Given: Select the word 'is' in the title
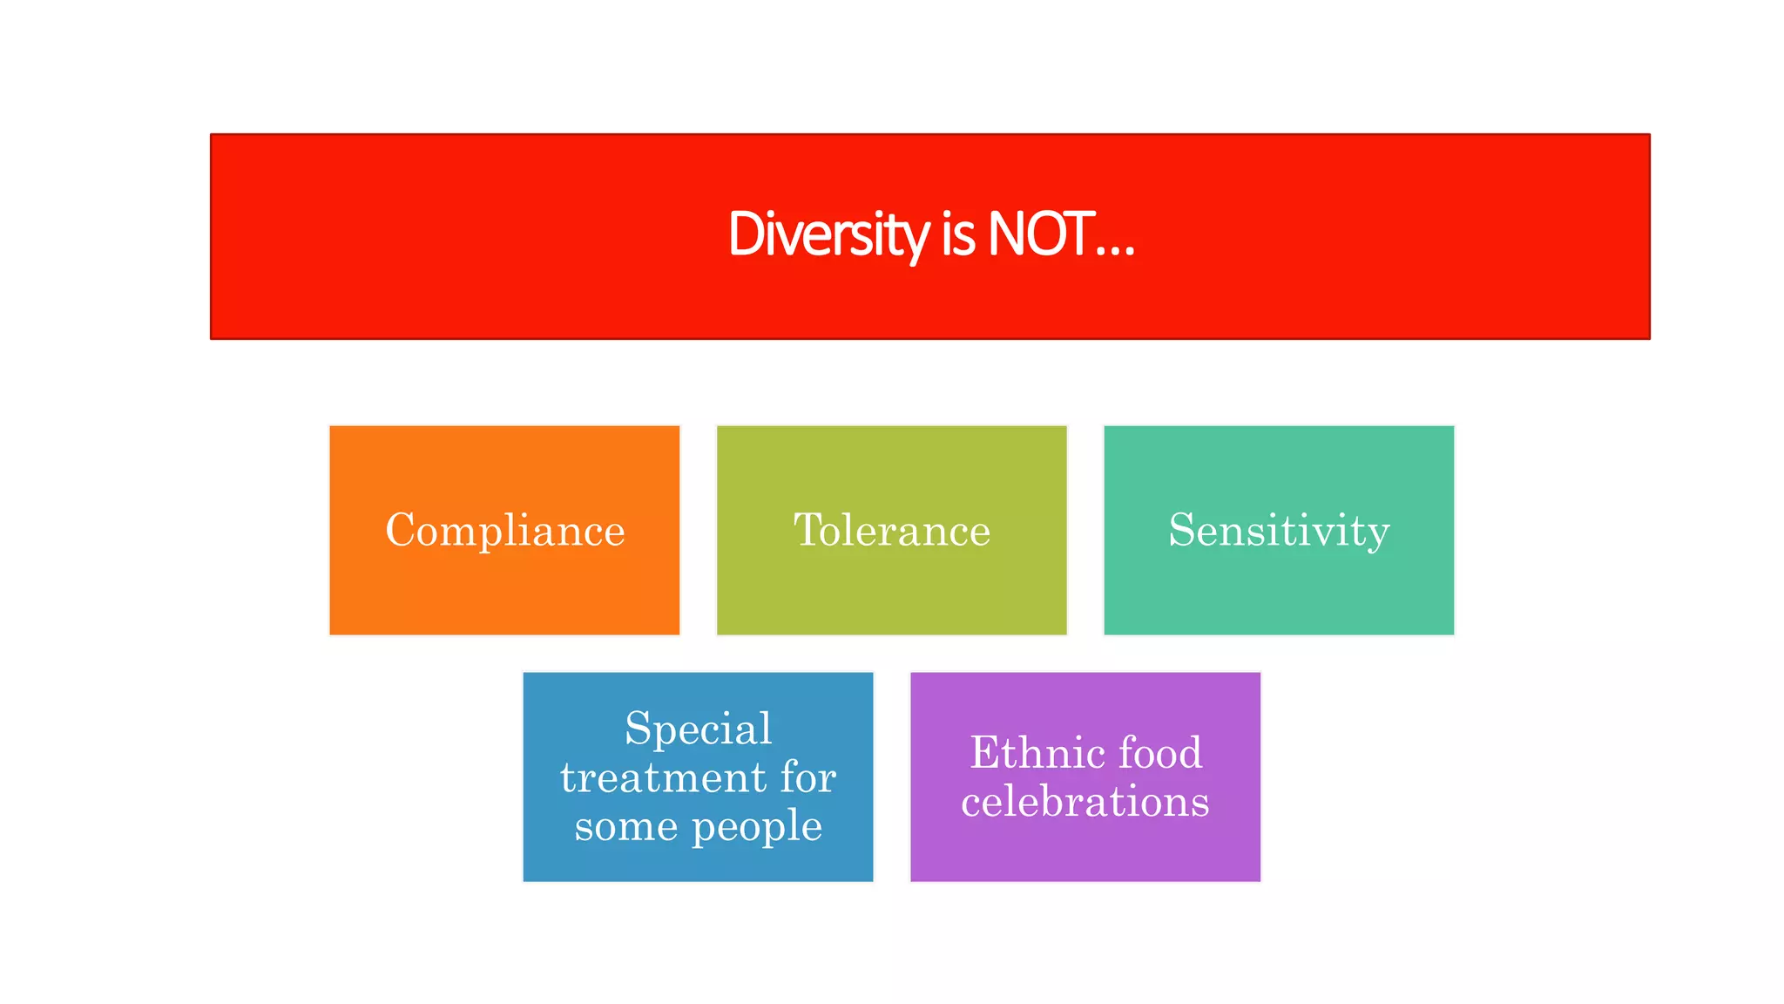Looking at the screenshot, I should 957,234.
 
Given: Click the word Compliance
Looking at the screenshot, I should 505,531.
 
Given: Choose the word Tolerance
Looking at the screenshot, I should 892,531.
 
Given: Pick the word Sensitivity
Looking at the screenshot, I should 1279,531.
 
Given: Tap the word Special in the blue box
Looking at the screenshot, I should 698,729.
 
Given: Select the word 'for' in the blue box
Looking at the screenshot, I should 808,777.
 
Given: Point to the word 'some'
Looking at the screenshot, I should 625,826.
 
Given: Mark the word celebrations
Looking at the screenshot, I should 1085,802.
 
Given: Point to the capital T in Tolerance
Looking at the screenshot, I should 808,530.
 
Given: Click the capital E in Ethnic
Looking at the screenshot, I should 985,752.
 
